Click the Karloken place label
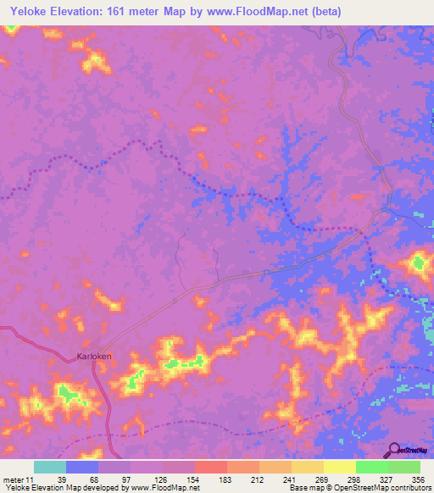(94, 357)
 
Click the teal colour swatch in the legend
(50, 468)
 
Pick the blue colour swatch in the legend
(82, 468)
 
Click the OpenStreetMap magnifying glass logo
(394, 450)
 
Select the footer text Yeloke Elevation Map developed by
(64, 488)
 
